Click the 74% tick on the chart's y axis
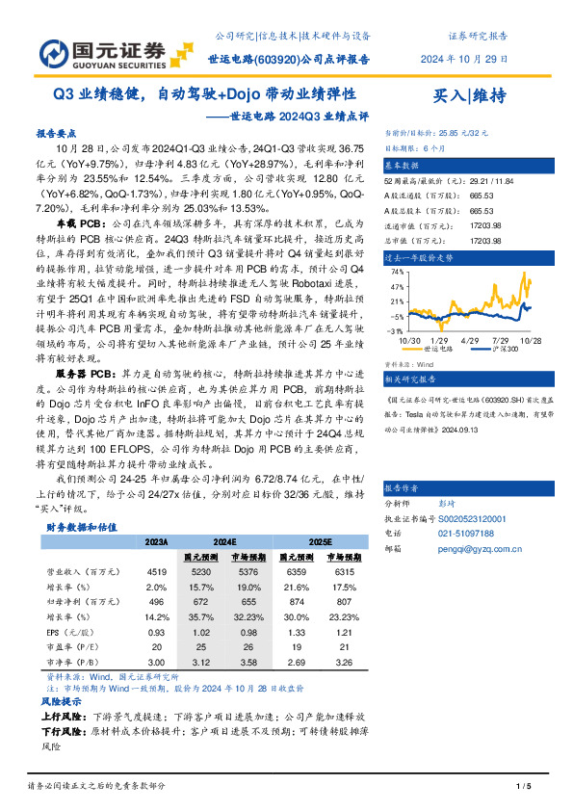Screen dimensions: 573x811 [x=396, y=273]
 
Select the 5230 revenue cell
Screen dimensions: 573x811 [x=201, y=571]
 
